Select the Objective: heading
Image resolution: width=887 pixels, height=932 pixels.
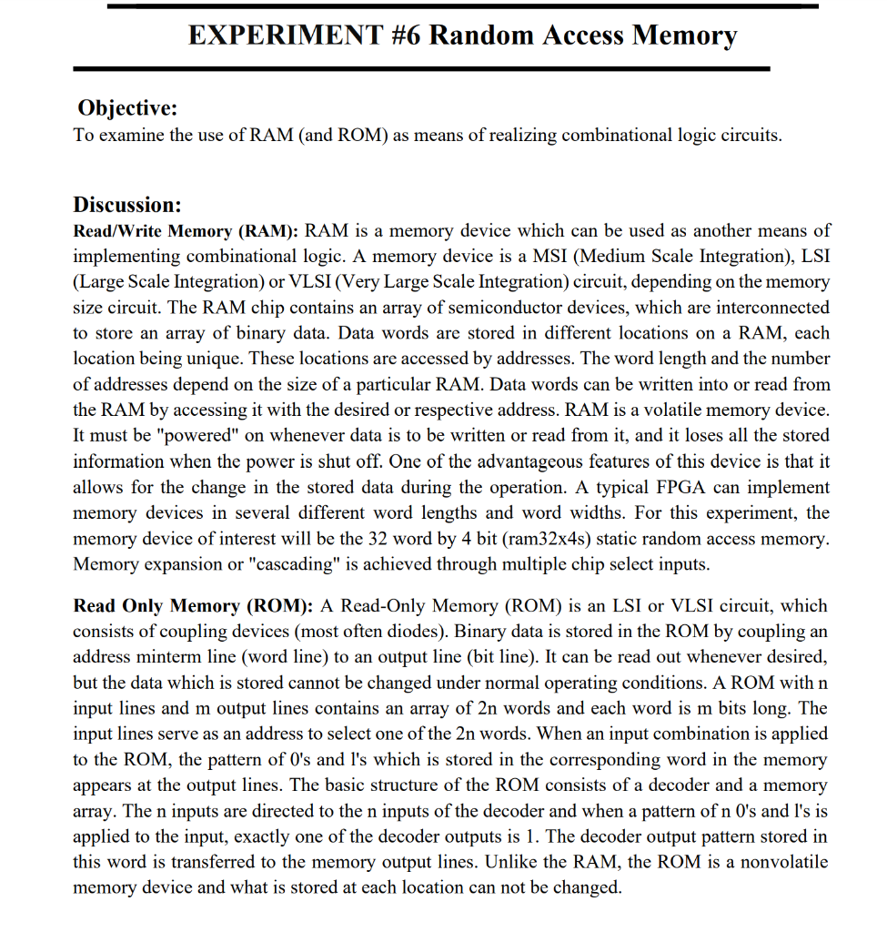click(127, 108)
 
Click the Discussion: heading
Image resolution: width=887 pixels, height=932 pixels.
click(127, 204)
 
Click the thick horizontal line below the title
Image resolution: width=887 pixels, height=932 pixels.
click(420, 68)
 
